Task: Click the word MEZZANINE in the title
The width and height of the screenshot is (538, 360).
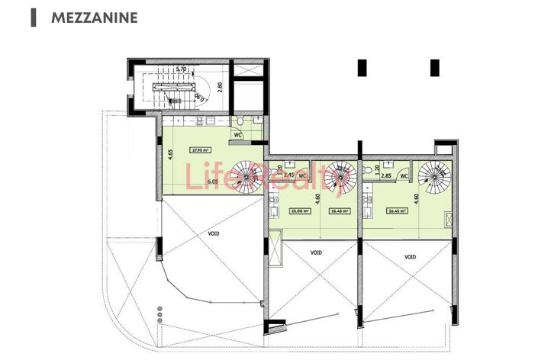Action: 95,17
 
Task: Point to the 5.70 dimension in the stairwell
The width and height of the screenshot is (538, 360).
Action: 181,69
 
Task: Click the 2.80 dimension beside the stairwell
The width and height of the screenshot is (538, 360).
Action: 219,86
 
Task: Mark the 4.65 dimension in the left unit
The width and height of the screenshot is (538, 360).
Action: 169,156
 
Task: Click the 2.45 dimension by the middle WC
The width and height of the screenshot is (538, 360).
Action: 288,175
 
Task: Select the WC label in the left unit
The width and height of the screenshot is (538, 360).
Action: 238,134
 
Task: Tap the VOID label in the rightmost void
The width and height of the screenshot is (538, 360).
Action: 411,257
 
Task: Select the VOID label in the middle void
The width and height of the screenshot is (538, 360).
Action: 316,252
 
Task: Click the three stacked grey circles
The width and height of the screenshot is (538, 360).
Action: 159,313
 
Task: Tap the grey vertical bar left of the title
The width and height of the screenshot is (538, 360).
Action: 33,17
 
